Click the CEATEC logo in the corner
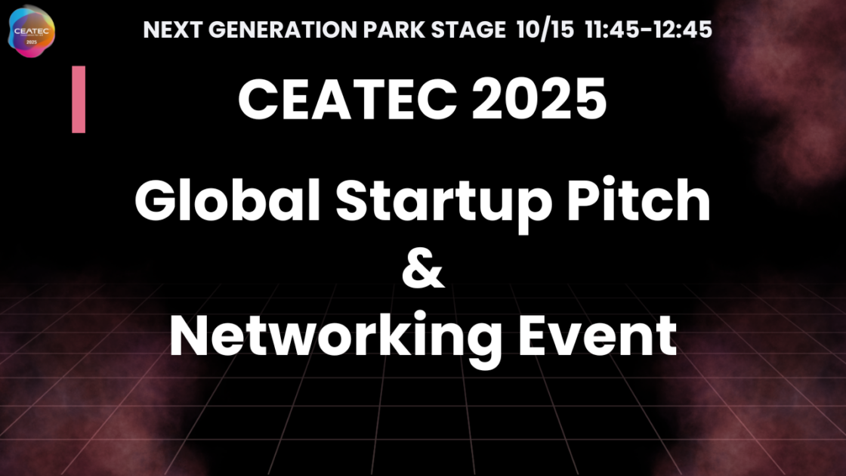pos(31,31)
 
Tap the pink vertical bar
pos(79,99)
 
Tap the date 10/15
pos(545,29)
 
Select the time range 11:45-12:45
pos(649,29)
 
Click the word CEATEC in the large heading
pos(348,99)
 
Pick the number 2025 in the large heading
pos(539,99)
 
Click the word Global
pos(227,199)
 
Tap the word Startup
pos(443,204)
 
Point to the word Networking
pos(335,338)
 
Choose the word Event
pos(597,335)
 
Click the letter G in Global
pos(156,199)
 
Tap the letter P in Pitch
pos(585,199)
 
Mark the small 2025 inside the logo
pos(32,42)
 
